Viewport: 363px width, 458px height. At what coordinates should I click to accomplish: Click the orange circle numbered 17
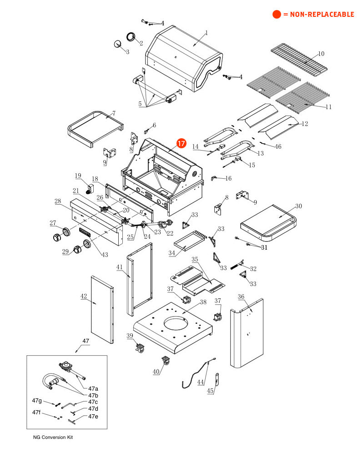click(x=181, y=143)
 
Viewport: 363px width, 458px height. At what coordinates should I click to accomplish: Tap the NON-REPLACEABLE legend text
click(x=318, y=15)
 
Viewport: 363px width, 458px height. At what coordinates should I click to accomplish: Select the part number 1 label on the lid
click(x=206, y=33)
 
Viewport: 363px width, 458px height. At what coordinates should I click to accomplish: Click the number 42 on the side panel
click(x=83, y=296)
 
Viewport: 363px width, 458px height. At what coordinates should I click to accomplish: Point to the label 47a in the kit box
click(x=93, y=388)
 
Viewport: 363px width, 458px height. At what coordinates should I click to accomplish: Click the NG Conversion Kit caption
click(x=53, y=438)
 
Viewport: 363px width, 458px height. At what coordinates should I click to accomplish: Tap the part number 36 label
click(x=241, y=297)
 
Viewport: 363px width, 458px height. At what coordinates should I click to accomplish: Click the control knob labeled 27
click(x=57, y=237)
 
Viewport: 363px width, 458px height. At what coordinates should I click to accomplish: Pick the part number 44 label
click(x=201, y=383)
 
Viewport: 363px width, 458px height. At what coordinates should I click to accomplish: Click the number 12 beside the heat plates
click(x=305, y=123)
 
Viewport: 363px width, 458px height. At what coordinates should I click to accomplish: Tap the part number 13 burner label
click(x=260, y=153)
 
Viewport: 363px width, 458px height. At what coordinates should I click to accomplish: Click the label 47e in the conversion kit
click(x=93, y=416)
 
